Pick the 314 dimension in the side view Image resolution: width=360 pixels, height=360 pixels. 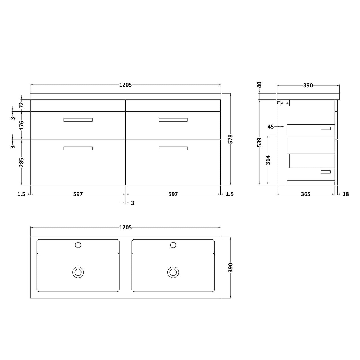(x=268, y=160)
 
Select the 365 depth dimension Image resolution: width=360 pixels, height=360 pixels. (x=305, y=194)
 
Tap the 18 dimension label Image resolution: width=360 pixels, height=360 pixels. (x=345, y=194)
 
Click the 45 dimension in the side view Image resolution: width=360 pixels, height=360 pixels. (x=271, y=127)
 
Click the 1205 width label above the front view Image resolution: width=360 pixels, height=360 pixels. (x=125, y=85)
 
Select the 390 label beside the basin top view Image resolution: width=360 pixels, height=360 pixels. (x=231, y=267)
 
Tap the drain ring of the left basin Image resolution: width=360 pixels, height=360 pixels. (x=78, y=272)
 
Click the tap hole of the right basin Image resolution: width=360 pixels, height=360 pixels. (x=173, y=245)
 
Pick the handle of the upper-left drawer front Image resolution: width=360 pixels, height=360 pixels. (x=78, y=120)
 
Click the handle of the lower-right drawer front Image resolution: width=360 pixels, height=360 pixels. (x=173, y=148)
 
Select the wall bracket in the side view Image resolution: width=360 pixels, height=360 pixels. (x=285, y=103)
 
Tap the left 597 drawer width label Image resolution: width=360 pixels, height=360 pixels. (x=78, y=194)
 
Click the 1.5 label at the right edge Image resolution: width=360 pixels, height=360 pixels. (x=229, y=194)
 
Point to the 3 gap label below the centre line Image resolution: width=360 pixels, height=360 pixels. (x=133, y=203)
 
